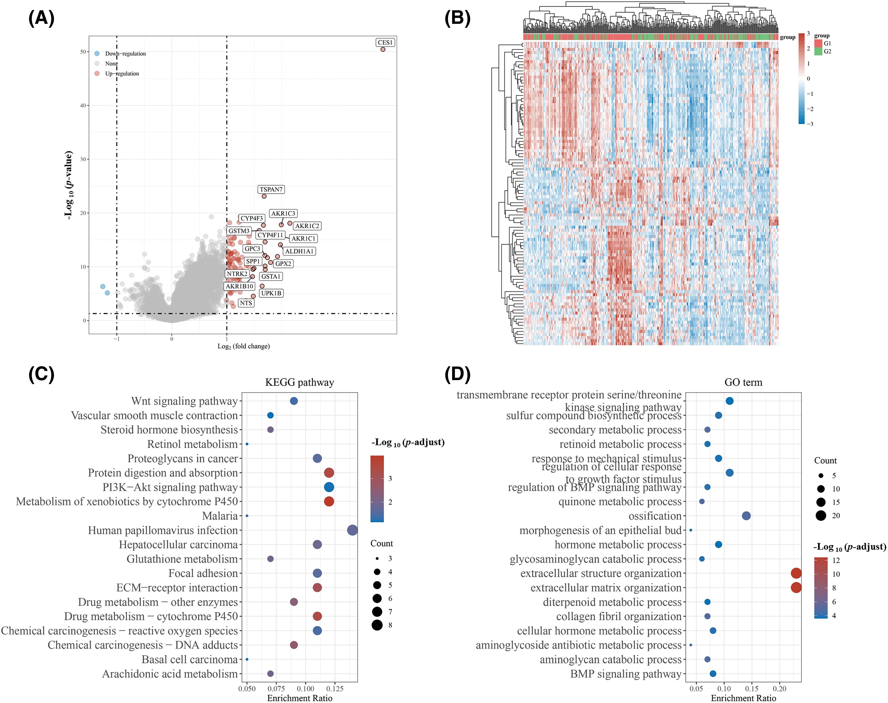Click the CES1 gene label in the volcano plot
[x=385, y=42]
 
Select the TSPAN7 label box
[x=271, y=189]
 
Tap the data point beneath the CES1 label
[x=383, y=50]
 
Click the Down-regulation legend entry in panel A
[x=125, y=54]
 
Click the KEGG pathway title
[x=299, y=382]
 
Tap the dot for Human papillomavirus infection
[x=352, y=530]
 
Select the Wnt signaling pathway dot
[x=294, y=401]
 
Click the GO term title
[x=743, y=382]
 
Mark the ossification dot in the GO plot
[x=746, y=516]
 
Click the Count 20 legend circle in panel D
[x=821, y=515]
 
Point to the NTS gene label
[x=246, y=303]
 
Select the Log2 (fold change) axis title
[x=244, y=346]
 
